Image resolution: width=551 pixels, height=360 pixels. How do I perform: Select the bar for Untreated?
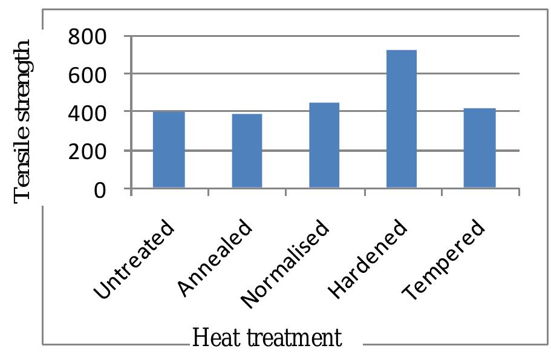pos(169,150)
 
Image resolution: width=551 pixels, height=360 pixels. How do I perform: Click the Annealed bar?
pos(246,151)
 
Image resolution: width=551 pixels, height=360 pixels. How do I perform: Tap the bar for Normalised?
pos(324,145)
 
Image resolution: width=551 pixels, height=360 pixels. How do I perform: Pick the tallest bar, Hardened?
pos(402,119)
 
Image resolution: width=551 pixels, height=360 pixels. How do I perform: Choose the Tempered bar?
pos(479,148)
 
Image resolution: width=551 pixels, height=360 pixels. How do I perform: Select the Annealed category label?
pos(215,259)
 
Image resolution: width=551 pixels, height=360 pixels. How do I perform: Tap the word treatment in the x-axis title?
pos(290,338)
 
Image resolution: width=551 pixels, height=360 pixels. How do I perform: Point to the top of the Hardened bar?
pos(402,51)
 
